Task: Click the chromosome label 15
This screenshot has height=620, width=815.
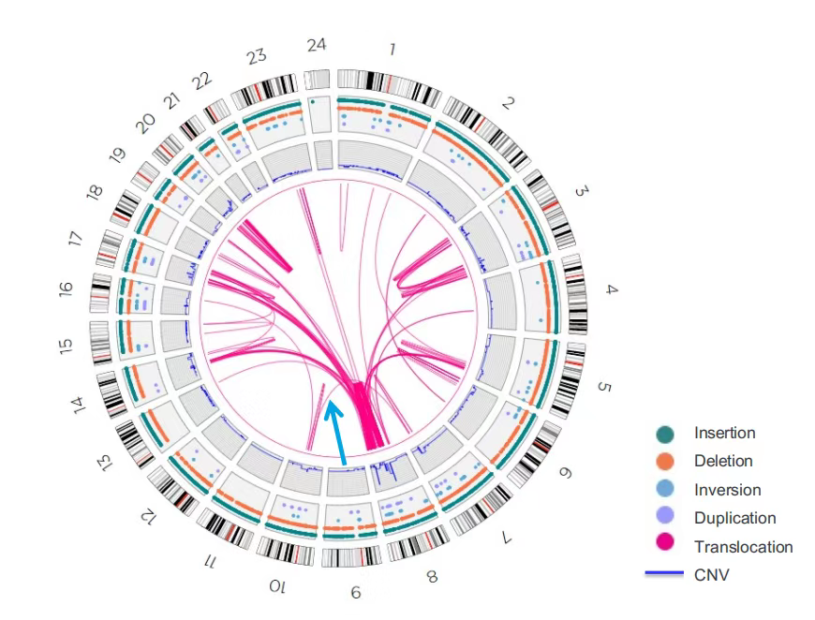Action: [65, 346]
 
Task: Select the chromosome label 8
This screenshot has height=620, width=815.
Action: [431, 577]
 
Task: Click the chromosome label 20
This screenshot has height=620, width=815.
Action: [143, 125]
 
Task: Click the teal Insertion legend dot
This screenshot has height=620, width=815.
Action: [665, 434]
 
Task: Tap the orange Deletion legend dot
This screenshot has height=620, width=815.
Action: [665, 462]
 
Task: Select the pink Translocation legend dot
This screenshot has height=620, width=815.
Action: [665, 547]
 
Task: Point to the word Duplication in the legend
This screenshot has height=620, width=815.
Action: [734, 518]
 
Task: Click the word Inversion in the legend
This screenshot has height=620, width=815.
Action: [727, 490]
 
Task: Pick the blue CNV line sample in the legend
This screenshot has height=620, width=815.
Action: [665, 575]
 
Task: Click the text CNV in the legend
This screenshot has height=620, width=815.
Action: [711, 575]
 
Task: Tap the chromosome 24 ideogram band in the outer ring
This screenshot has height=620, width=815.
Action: [319, 78]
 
